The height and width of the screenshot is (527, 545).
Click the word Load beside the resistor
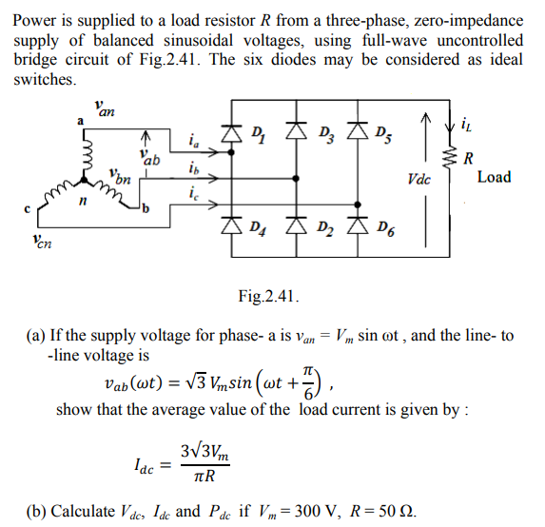[494, 177]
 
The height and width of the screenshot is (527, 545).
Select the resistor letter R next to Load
[466, 159]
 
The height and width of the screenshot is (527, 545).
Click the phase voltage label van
[106, 107]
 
